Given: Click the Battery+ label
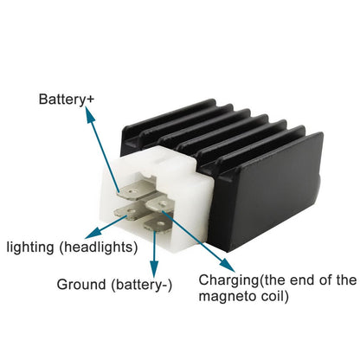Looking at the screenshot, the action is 67,100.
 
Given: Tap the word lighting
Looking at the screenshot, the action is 30,247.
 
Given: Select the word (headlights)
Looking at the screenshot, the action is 99,247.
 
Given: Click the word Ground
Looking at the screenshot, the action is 81,285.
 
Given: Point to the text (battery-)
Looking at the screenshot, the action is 142,285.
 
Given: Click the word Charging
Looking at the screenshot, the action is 229,280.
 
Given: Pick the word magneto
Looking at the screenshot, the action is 226,296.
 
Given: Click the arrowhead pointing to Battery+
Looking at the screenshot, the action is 89,114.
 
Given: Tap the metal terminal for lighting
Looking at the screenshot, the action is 128,213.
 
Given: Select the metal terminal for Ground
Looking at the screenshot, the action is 158,223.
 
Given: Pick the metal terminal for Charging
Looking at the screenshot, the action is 160,203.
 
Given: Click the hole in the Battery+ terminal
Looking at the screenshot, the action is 132,190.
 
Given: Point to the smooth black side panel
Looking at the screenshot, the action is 268,190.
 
